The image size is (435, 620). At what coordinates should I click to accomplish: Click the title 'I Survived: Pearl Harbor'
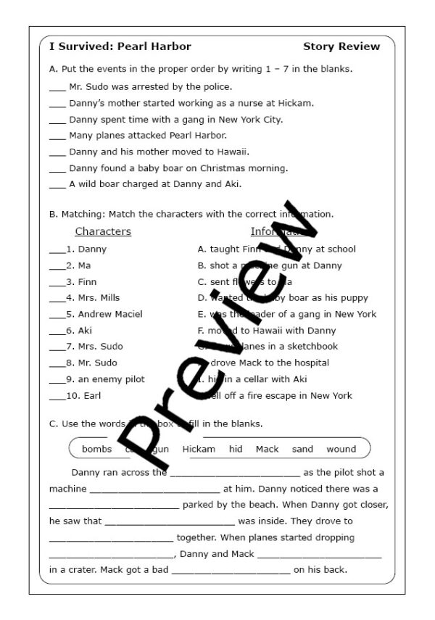click(120, 46)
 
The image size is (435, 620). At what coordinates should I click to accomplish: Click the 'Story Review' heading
click(341, 46)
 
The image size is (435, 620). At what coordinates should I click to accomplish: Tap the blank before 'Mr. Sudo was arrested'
click(57, 88)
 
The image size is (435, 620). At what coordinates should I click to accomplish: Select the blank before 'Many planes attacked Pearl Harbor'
click(57, 136)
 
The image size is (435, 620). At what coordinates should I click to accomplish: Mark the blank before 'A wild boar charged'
click(57, 185)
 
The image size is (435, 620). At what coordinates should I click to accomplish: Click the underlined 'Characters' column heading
click(103, 232)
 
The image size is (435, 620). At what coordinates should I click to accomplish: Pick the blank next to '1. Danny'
click(56, 250)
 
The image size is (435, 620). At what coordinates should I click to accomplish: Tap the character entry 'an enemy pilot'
click(111, 379)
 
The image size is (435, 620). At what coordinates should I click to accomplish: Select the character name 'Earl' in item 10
click(92, 395)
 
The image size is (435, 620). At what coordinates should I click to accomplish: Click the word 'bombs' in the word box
click(97, 449)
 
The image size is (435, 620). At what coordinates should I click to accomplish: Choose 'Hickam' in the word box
click(199, 449)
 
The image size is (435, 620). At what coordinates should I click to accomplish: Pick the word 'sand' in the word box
click(302, 449)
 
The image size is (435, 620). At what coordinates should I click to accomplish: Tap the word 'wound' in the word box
click(341, 449)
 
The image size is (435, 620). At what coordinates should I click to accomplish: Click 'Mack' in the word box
click(267, 449)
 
